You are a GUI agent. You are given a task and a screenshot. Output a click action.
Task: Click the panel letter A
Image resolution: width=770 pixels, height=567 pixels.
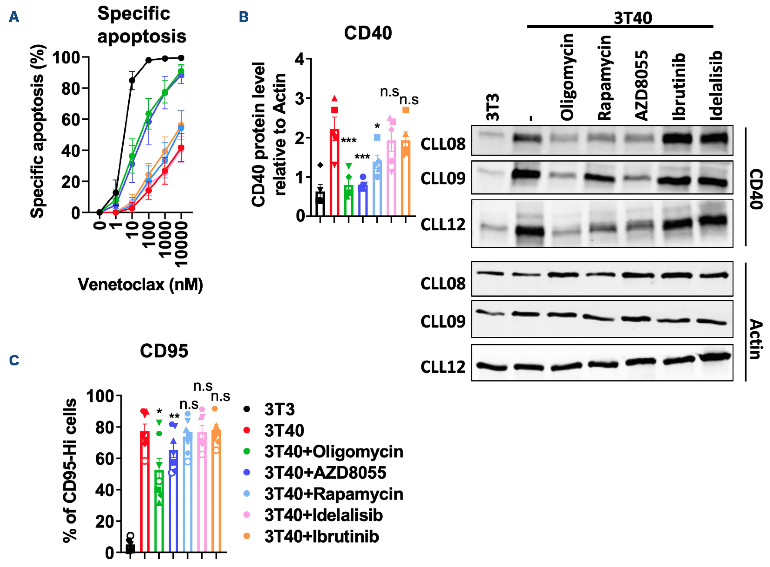[14, 17]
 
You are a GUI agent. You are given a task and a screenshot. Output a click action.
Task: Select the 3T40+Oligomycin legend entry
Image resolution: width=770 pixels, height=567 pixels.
[333, 452]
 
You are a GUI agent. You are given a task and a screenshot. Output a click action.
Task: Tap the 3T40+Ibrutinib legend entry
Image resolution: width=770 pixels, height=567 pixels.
[321, 537]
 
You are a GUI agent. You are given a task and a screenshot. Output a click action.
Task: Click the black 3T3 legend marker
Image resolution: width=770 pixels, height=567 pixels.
[247, 409]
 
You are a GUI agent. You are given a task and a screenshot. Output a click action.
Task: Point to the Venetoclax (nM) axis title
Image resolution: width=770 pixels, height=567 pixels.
[140, 285]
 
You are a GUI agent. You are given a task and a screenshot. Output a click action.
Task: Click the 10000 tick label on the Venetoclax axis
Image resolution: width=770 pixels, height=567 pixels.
[182, 243]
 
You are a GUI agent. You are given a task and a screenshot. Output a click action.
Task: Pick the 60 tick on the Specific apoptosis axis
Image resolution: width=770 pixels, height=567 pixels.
[70, 119]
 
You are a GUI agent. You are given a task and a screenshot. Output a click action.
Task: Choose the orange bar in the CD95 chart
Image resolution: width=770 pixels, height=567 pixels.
[216, 491]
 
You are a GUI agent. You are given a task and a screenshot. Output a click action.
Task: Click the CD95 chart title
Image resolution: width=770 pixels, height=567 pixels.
[164, 351]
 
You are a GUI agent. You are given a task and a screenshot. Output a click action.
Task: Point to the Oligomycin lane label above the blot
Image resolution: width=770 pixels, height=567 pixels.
[567, 77]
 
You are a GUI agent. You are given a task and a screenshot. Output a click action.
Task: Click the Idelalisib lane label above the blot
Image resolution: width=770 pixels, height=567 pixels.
[716, 86]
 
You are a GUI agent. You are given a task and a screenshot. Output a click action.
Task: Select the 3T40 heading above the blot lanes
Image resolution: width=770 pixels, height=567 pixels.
[633, 18]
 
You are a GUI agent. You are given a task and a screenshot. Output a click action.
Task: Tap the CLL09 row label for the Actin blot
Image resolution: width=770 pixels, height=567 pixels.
[443, 322]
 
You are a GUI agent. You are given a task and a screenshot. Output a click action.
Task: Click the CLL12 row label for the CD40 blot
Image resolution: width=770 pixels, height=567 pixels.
[443, 225]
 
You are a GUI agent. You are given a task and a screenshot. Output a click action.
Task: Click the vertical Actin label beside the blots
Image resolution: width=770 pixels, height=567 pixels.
[756, 339]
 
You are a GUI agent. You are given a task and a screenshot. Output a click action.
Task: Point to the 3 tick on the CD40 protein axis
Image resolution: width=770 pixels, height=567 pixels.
[300, 99]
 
